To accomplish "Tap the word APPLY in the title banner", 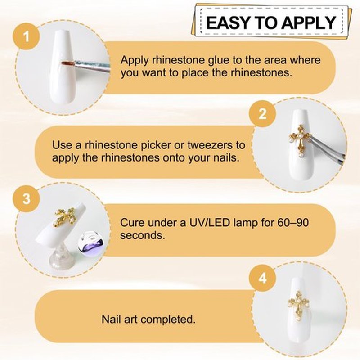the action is [309, 23].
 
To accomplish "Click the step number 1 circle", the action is [27, 37].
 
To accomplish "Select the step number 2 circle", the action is [263, 114].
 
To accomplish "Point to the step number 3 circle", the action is [27, 198].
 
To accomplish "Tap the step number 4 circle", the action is [263, 278].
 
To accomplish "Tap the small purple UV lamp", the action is [91, 244].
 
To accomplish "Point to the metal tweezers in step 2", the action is [325, 149].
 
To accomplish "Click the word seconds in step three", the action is [143, 235].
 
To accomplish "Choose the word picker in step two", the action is [156, 145].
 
